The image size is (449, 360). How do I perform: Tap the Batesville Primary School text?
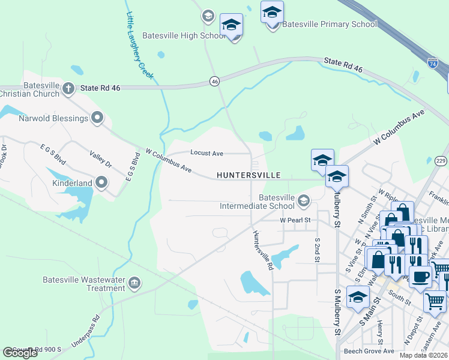(330, 24)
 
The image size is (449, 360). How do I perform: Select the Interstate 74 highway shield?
(432, 62)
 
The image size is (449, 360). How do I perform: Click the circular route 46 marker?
(214, 80)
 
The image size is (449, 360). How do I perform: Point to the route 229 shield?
(441, 160)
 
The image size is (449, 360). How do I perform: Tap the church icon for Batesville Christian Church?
(68, 89)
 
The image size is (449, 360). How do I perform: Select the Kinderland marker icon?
(101, 182)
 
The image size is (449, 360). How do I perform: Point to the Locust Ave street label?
(206, 154)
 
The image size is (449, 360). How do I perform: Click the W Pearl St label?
(295, 220)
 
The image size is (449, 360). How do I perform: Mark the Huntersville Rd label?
(263, 250)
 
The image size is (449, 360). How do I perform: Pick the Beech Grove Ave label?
(369, 351)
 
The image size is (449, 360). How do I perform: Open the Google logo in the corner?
(20, 352)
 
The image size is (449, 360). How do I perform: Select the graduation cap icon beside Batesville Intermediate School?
(304, 200)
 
